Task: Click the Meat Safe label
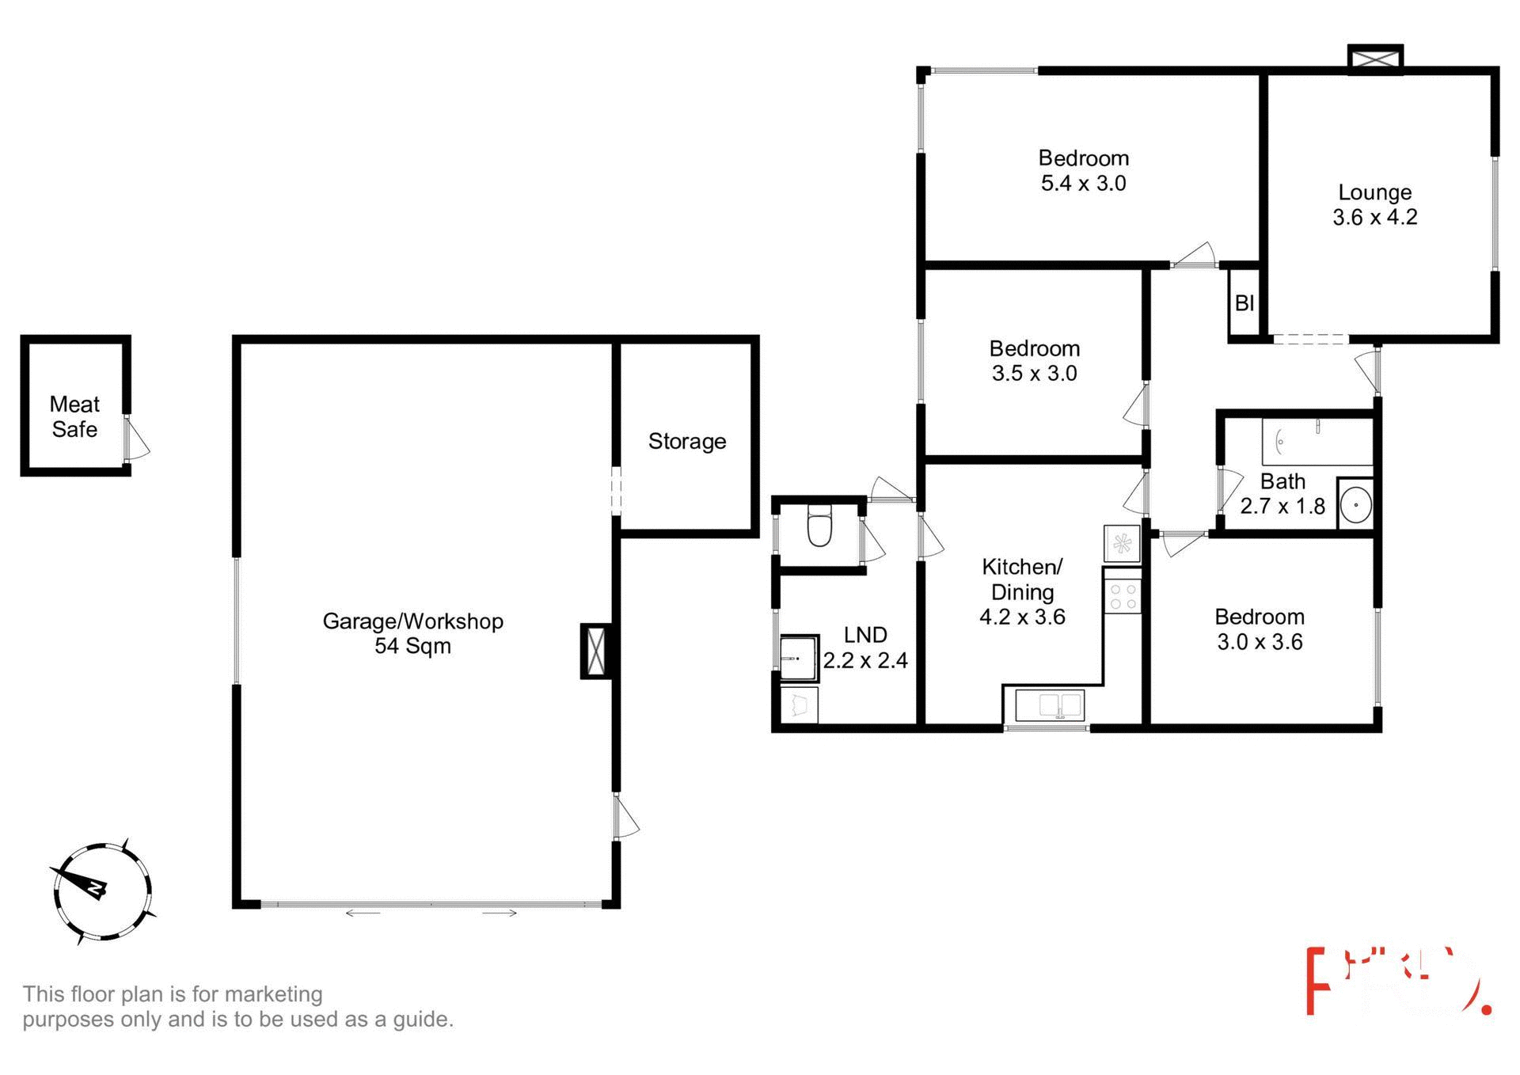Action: point(74,416)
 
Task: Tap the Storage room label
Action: point(686,441)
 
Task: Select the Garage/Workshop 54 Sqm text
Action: point(412,633)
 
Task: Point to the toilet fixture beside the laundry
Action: point(819,527)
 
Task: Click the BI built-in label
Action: point(1244,303)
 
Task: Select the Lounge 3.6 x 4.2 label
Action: point(1374,204)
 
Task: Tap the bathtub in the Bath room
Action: point(1317,442)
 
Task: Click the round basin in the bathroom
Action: point(1355,503)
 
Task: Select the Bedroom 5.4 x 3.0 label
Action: point(1083,170)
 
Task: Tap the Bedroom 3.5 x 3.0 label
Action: point(1034,361)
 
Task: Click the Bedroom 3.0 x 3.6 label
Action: point(1259,629)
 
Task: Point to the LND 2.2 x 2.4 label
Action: point(865,648)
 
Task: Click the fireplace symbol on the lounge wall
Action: point(1375,59)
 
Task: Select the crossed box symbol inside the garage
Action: point(596,651)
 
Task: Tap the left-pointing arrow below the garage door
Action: point(363,914)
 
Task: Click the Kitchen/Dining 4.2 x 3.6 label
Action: point(1022,591)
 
